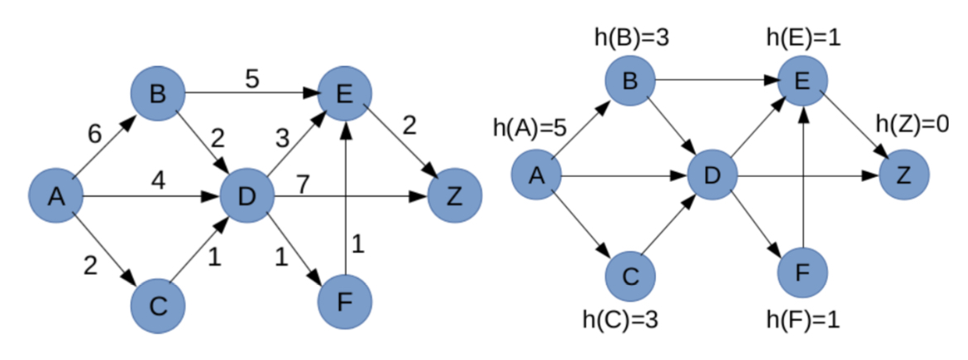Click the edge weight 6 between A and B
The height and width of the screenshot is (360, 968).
point(97,134)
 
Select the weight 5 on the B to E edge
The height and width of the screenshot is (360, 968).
point(253,79)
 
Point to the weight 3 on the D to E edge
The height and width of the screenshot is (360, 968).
point(281,137)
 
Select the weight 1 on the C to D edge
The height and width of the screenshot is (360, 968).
point(213,257)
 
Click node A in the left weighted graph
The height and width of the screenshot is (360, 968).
point(55,197)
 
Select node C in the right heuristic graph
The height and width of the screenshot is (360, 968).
point(631,275)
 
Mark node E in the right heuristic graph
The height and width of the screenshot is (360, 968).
point(801,80)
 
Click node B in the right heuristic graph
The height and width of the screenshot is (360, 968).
point(631,80)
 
